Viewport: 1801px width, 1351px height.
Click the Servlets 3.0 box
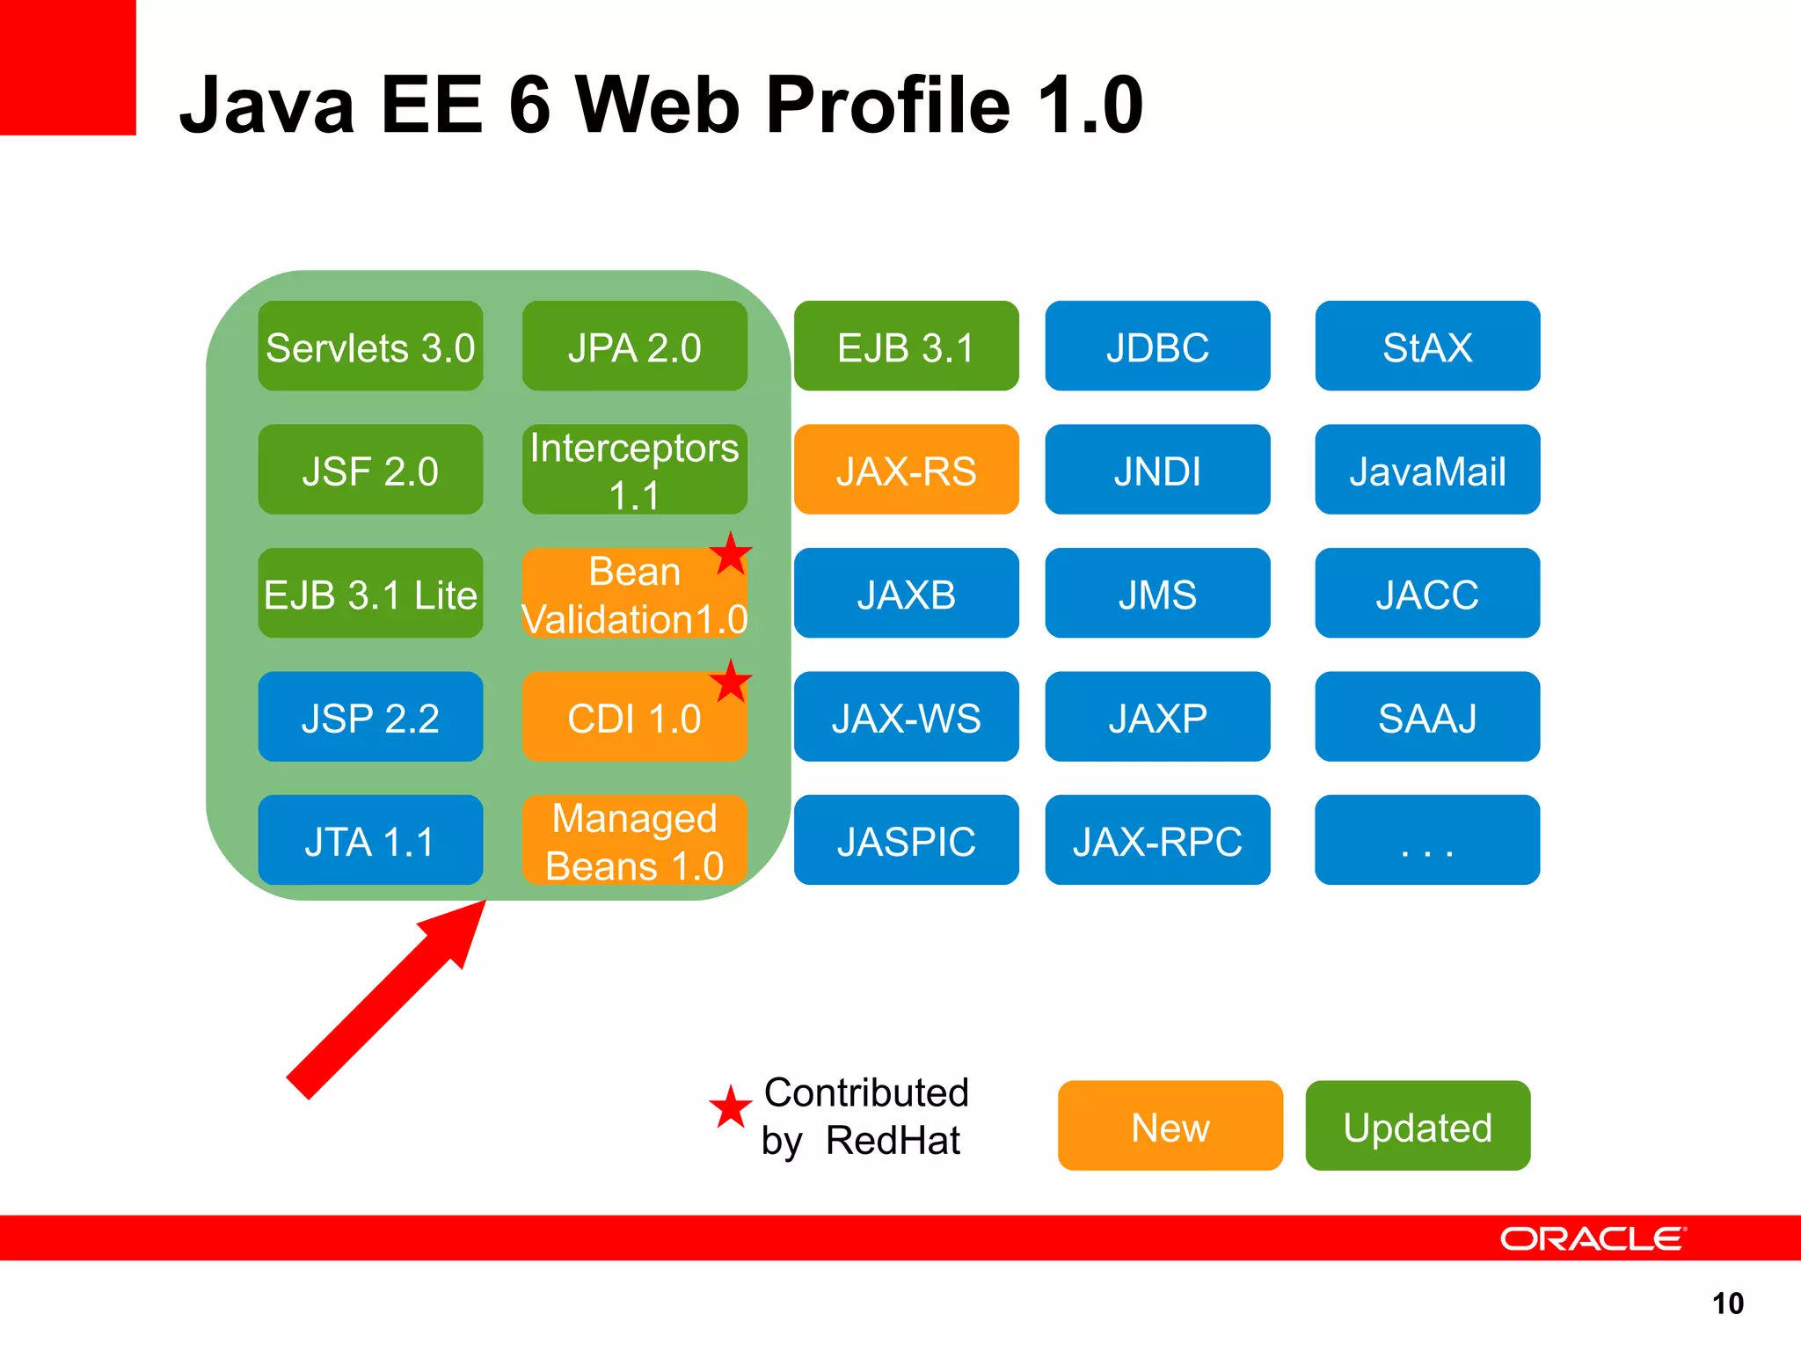click(370, 347)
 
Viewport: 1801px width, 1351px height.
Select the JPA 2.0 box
click(634, 347)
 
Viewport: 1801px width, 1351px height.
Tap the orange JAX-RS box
click(906, 471)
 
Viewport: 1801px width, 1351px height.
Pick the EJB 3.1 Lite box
click(370, 594)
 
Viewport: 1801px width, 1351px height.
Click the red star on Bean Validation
click(730, 554)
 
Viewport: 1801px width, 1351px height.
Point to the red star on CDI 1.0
click(730, 682)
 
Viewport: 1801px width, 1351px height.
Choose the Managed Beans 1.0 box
click(634, 841)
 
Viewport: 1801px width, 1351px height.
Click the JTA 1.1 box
click(370, 841)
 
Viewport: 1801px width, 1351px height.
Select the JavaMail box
click(1426, 471)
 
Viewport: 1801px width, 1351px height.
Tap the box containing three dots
click(1426, 841)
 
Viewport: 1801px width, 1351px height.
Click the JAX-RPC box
click(1156, 841)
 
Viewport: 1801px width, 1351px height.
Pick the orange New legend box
click(1170, 1126)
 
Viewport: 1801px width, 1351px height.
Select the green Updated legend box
click(1418, 1126)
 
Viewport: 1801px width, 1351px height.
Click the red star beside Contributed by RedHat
click(730, 1107)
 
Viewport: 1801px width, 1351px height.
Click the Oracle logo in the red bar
click(1592, 1238)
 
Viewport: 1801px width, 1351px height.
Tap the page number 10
click(1727, 1304)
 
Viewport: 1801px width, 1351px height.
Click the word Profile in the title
click(888, 106)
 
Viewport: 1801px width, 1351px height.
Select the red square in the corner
click(68, 67)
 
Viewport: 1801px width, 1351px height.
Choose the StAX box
click(1426, 347)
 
